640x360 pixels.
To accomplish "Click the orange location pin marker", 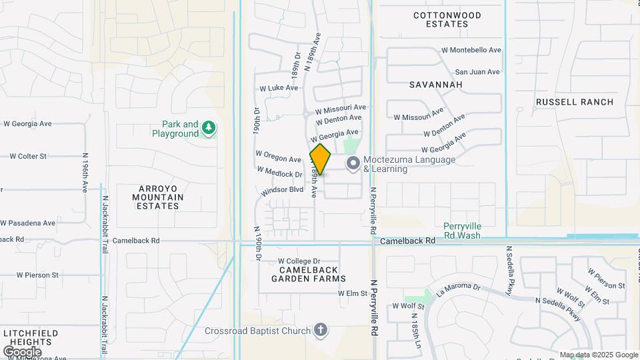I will pyautogui.click(x=321, y=159).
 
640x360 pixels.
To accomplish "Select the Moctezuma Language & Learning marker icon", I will pyautogui.click(x=353, y=163).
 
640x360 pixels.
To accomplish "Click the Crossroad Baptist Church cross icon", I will pyautogui.click(x=321, y=331).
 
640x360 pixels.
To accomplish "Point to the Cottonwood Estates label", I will pyautogui.click(x=441, y=19).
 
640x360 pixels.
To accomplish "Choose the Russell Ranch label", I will pyautogui.click(x=574, y=102).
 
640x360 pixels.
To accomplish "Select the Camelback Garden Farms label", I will pyautogui.click(x=309, y=274).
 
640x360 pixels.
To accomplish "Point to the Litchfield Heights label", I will pyautogui.click(x=41, y=337).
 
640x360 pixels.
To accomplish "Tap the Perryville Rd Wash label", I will pyautogui.click(x=462, y=231).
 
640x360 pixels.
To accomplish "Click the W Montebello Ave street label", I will pyautogui.click(x=471, y=50).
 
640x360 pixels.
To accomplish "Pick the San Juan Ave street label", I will pyautogui.click(x=477, y=72).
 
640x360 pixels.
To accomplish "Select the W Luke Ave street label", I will pyautogui.click(x=278, y=87).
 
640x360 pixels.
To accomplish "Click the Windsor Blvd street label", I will pyautogui.click(x=282, y=190).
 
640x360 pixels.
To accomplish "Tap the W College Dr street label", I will pyautogui.click(x=299, y=261).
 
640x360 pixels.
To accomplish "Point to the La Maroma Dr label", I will pyautogui.click(x=458, y=289).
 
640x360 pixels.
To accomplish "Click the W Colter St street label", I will pyautogui.click(x=27, y=156).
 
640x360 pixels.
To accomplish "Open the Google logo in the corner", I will pyautogui.click(x=22, y=351).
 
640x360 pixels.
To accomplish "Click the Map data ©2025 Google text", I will pyautogui.click(x=598, y=355).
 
